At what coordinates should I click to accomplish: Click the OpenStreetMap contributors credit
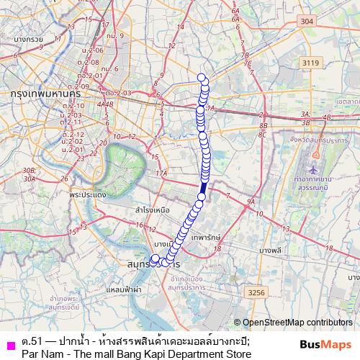(x=296, y=323)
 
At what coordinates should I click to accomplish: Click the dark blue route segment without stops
(x=203, y=188)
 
